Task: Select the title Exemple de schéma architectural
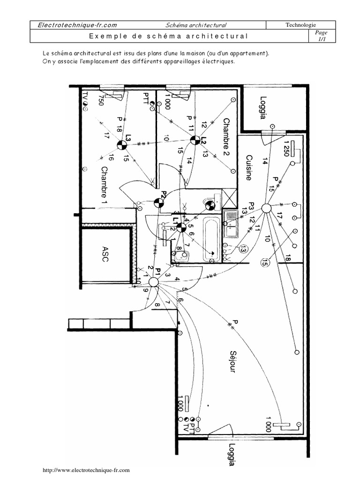click(x=168, y=36)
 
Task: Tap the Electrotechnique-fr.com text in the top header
click(x=74, y=25)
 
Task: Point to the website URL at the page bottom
click(x=86, y=469)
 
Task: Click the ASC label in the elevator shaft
click(x=105, y=253)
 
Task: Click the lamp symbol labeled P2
click(x=159, y=202)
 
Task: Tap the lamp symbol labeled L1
click(x=181, y=228)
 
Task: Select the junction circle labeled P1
click(x=153, y=282)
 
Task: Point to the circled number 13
click(x=242, y=250)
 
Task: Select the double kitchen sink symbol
click(x=231, y=224)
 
